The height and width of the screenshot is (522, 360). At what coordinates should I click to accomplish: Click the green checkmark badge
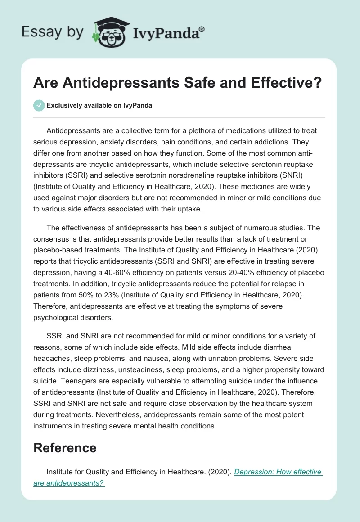[x=39, y=105]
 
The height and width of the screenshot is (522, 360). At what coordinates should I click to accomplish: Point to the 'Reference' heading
[x=65, y=448]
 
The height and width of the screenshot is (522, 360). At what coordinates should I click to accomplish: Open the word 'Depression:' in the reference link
[x=255, y=472]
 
